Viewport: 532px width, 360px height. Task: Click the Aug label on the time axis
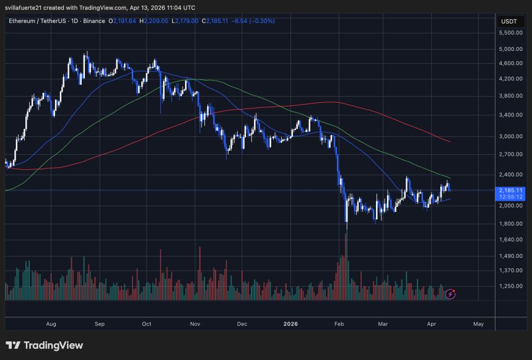pyautogui.click(x=51, y=323)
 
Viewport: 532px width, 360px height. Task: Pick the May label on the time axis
pyautogui.click(x=477, y=323)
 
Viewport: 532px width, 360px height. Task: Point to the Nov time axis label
pyautogui.click(x=195, y=323)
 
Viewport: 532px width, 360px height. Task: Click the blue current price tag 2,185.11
pyautogui.click(x=511, y=190)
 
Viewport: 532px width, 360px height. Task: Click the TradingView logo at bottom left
pyautogui.click(x=44, y=346)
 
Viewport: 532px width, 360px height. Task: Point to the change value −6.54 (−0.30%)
pyautogui.click(x=254, y=21)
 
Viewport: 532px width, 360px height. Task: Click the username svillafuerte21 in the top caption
pyautogui.click(x=25, y=7)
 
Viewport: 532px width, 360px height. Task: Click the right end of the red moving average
pyautogui.click(x=450, y=142)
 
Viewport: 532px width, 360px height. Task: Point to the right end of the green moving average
pyautogui.click(x=450, y=178)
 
